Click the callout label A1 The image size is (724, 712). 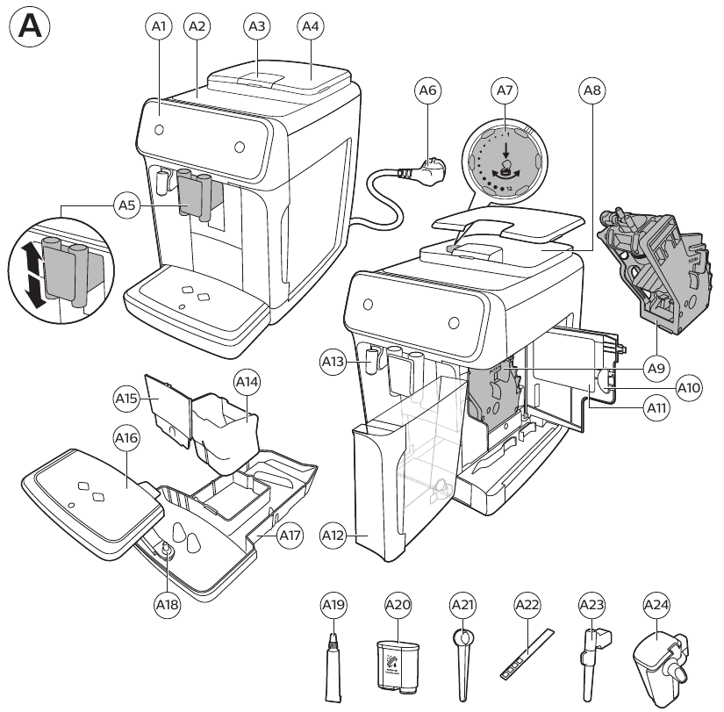159,27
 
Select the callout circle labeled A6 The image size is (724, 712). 427,90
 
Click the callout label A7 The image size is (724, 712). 504,90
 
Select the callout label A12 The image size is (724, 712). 357,533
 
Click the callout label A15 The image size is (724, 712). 127,398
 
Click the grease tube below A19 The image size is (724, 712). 333,663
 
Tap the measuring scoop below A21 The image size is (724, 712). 462,658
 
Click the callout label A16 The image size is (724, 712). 127,436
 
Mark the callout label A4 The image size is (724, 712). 310,27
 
